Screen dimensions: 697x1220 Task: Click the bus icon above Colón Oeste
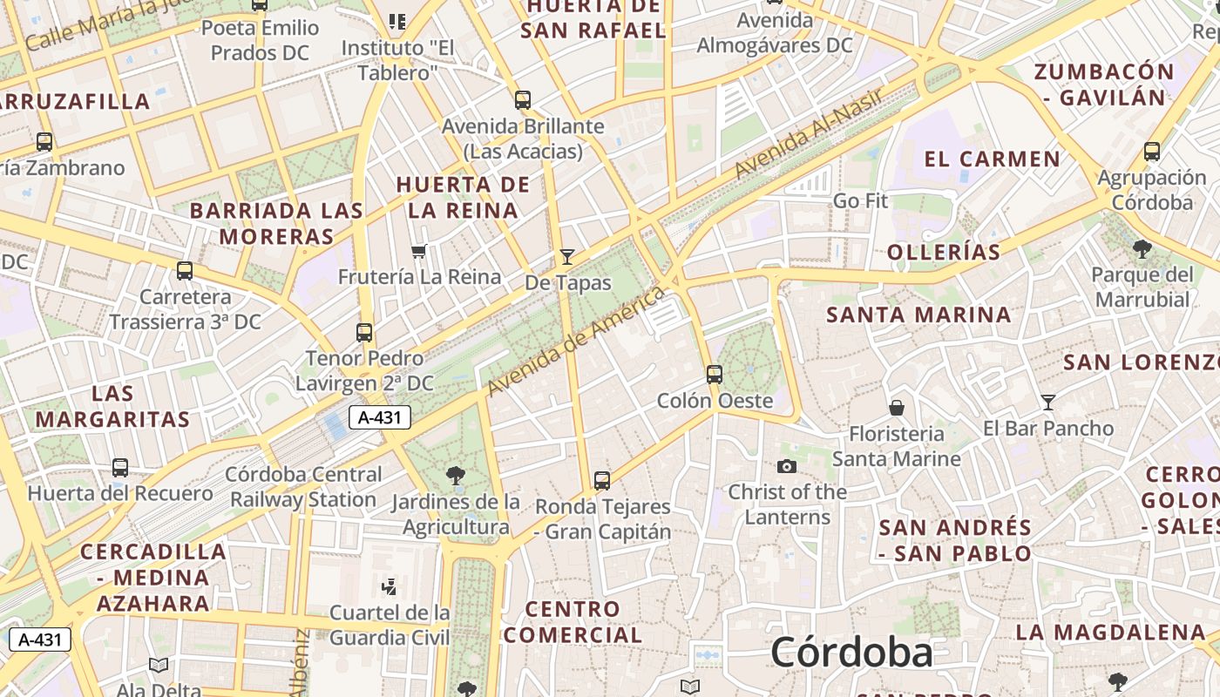715,375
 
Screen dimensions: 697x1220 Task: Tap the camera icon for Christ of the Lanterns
787,467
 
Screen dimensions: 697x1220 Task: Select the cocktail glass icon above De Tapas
567,256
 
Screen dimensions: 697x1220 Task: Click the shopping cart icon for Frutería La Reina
419,252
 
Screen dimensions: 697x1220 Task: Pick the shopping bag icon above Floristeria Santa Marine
896,407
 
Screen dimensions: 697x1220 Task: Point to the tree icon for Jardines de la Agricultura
455,475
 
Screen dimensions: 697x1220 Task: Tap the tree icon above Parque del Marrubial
1142,249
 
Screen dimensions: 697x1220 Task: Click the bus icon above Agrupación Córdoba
1152,152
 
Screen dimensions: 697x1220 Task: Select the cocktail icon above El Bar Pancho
1048,402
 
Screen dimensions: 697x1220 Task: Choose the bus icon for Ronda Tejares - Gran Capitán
602,480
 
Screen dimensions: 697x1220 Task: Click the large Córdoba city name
851,653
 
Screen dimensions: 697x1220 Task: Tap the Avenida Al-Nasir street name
810,132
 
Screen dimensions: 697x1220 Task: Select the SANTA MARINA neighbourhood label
919,315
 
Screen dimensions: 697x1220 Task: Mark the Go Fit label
860,200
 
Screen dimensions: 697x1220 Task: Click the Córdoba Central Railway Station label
304,487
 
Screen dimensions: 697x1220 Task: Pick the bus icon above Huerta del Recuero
120,468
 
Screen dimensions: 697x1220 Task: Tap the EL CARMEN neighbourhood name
992,159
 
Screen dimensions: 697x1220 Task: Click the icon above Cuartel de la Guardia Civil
390,586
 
